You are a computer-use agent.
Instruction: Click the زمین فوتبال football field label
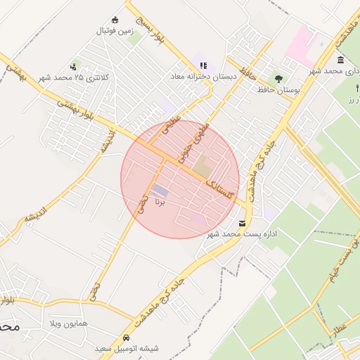(x=115, y=31)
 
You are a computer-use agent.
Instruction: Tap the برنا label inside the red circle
(x=161, y=204)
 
